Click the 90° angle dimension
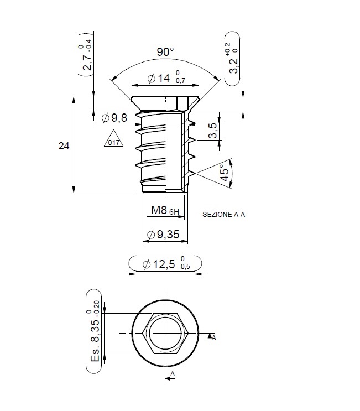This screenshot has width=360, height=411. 165,52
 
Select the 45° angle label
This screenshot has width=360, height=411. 225,172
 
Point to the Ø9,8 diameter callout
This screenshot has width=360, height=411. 115,117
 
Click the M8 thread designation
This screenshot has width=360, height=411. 159,210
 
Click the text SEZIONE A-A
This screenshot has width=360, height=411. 223,214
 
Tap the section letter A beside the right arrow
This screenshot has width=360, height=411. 214,337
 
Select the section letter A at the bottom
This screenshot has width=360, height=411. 173,374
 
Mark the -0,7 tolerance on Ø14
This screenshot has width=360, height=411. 179,81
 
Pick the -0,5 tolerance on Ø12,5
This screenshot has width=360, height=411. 184,268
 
